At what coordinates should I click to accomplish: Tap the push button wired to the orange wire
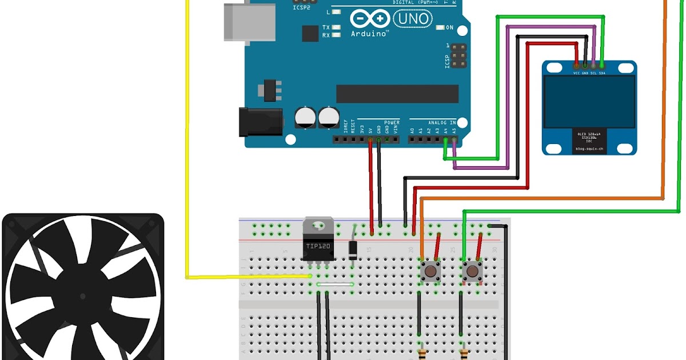pos(429,270)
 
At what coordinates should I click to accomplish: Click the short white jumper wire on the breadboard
pos(336,284)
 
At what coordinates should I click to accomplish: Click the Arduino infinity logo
pos(369,19)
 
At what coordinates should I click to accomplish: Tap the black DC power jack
pos(260,122)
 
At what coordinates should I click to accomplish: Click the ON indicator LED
pos(439,27)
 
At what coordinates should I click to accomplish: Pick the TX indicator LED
pos(337,27)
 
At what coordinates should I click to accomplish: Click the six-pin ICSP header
pos(458,56)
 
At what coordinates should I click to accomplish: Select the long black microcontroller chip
pos(397,94)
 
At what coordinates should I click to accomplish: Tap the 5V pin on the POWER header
pos(370,139)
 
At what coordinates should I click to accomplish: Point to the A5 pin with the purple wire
pos(454,139)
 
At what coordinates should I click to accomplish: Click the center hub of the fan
pos(83,297)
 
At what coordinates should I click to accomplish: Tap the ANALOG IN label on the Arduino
pos(442,122)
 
